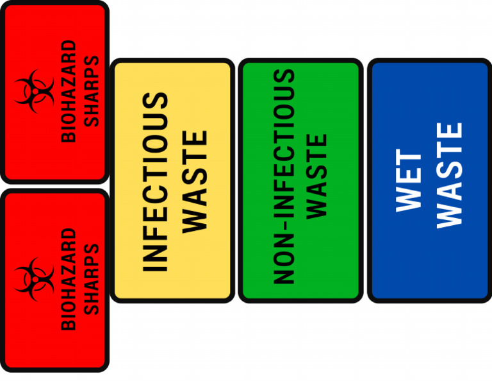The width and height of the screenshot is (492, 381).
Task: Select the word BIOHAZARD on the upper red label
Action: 68,91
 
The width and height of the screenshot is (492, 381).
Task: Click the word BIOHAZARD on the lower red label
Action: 68,278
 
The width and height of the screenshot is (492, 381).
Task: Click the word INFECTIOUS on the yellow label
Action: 154,182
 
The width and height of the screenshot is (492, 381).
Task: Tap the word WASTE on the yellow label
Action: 195,182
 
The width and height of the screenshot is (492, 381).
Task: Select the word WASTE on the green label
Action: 317,177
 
